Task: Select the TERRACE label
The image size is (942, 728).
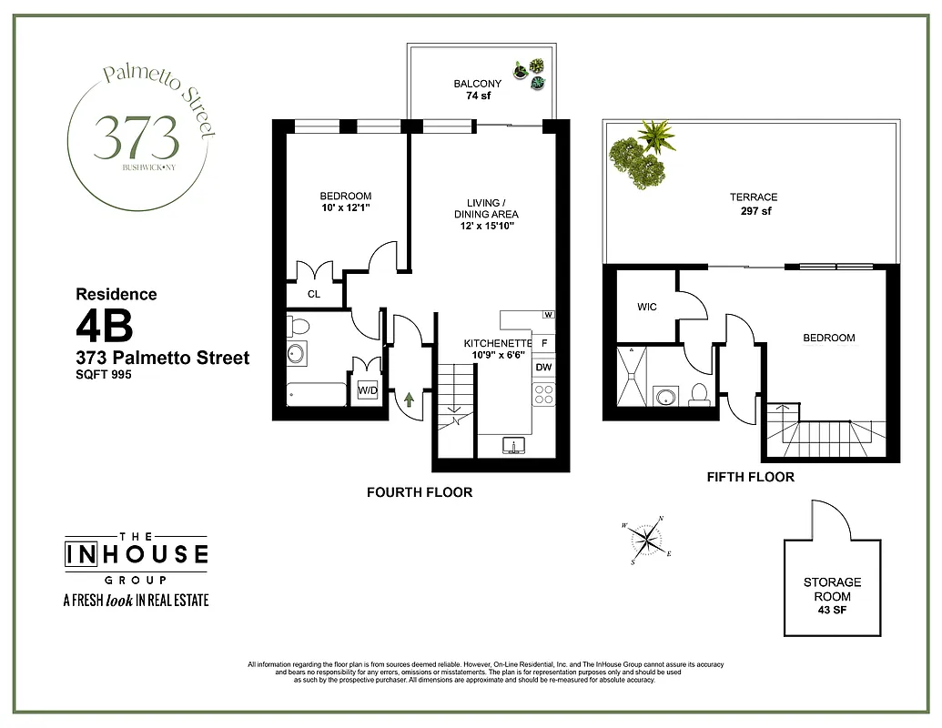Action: (753, 197)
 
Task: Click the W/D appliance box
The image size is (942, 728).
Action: (368, 391)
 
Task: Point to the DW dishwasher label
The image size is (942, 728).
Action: (543, 368)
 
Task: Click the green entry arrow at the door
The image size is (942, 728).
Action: (409, 398)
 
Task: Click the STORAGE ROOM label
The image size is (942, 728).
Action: (832, 589)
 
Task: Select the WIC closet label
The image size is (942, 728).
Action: (646, 307)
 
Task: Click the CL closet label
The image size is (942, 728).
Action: (313, 294)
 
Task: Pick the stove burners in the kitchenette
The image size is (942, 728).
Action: (543, 394)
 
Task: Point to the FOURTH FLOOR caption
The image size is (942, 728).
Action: (420, 492)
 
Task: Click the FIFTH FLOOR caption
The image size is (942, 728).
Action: (750, 477)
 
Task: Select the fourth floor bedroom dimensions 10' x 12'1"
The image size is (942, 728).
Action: (345, 208)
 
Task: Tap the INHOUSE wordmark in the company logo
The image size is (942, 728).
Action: (136, 554)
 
